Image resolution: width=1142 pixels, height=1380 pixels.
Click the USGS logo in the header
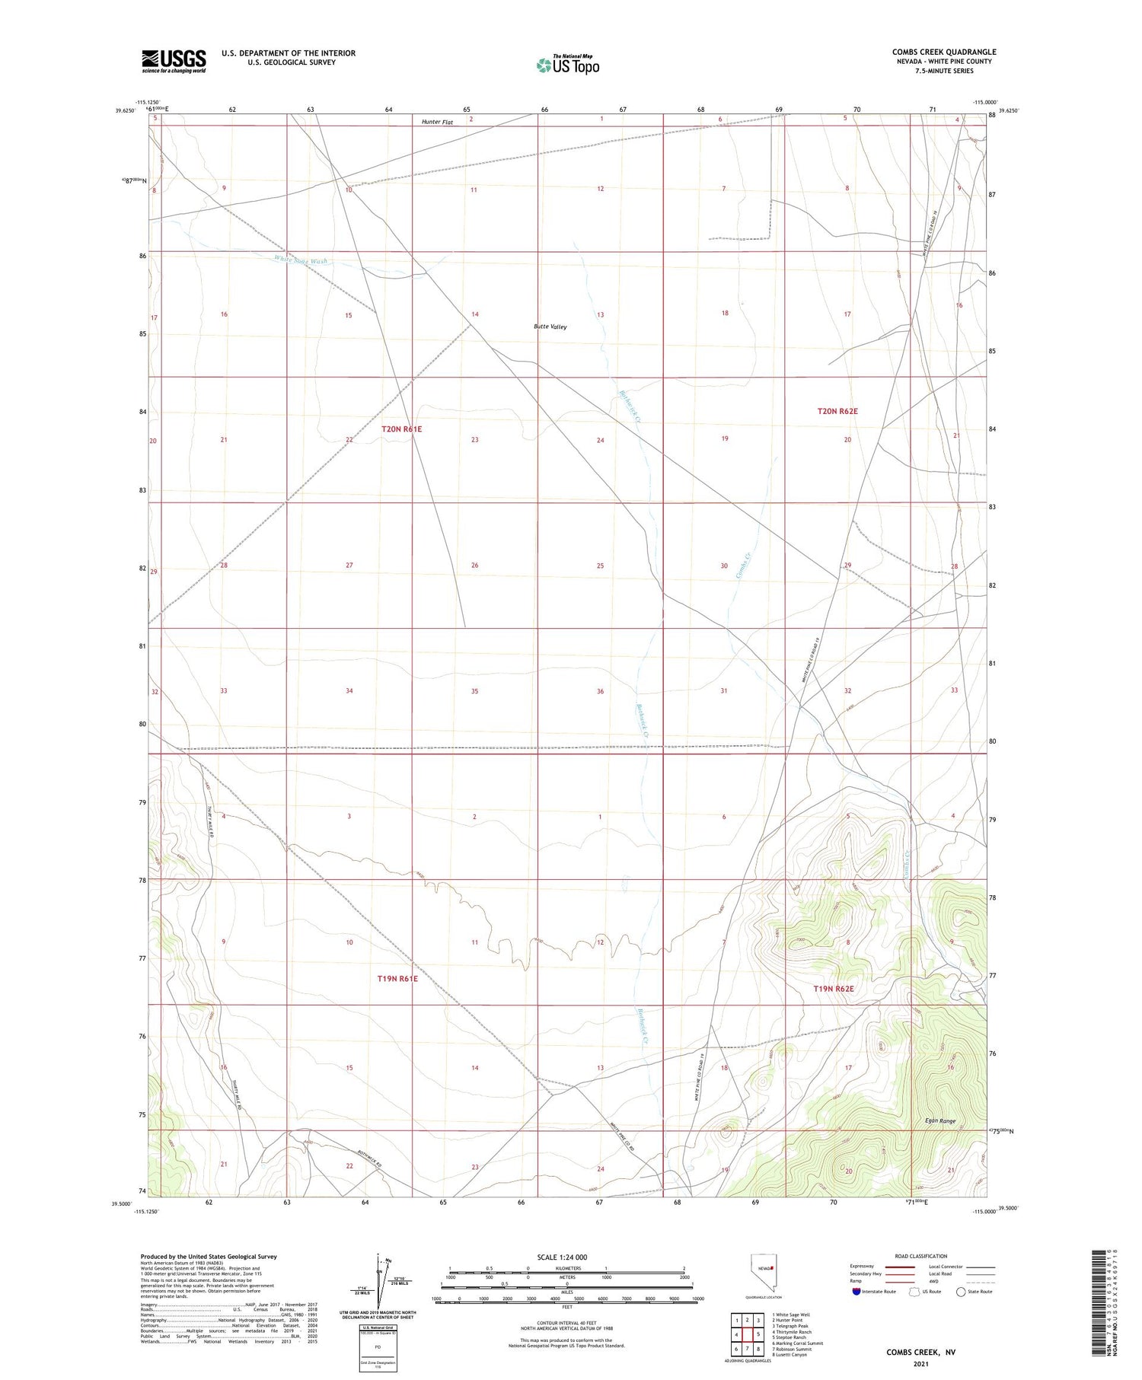(174, 61)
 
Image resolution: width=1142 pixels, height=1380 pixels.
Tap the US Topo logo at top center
(567, 65)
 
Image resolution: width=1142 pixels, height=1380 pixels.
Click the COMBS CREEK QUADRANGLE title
(943, 52)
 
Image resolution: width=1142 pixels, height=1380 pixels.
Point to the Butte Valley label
(550, 327)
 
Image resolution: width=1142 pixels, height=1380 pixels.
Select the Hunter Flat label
(437, 122)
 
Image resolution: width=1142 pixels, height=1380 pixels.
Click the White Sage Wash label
(301, 260)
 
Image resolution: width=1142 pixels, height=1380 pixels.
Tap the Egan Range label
(939, 1121)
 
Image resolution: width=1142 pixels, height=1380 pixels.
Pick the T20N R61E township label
(401, 429)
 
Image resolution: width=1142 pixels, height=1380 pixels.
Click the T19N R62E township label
(834, 989)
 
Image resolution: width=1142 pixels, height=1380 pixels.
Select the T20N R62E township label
(837, 411)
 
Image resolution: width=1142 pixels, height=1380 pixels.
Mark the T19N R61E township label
(397, 979)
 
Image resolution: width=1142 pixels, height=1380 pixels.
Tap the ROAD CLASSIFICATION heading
(920, 1256)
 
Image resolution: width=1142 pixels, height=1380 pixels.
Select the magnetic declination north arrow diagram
(378, 1282)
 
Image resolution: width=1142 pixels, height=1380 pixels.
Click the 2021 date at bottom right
(920, 1363)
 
